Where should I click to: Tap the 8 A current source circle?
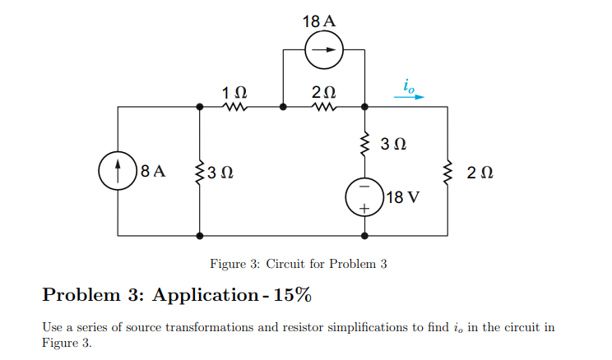[x=118, y=171]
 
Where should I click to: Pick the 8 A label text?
[x=153, y=172]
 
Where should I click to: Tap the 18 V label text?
[x=402, y=197]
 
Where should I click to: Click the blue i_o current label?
[x=410, y=84]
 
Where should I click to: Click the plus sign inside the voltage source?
[x=364, y=209]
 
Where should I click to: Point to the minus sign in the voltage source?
[x=364, y=187]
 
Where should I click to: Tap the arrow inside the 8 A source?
[x=118, y=171]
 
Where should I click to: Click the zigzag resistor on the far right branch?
[x=447, y=172]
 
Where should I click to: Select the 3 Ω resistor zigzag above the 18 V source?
[x=364, y=144]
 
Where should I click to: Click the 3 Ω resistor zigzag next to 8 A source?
[x=200, y=172]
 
